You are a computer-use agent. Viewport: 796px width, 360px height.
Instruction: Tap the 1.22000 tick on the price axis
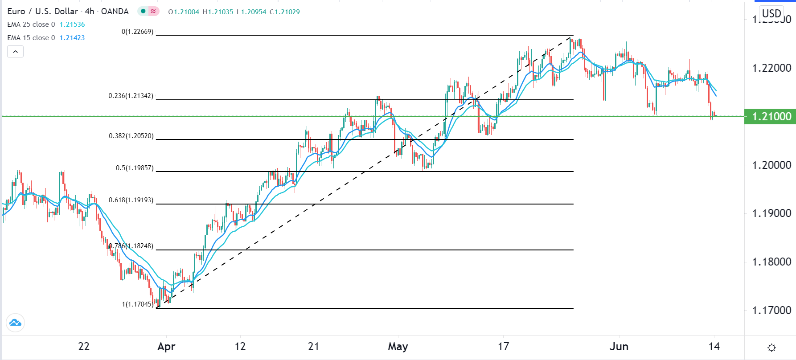[771, 68]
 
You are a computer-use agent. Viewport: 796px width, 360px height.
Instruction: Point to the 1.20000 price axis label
[771, 165]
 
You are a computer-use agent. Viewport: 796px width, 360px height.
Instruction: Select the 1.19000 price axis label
[771, 213]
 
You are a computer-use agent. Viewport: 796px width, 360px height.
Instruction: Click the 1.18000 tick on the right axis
[771, 262]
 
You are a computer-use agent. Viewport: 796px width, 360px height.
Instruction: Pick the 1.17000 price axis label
[771, 311]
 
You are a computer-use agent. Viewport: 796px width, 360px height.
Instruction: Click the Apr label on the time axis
[166, 347]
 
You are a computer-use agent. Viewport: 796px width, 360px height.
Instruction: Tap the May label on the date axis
[398, 347]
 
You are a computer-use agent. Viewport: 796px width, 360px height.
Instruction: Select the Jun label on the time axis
[619, 347]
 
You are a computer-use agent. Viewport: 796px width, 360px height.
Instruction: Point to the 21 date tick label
[313, 347]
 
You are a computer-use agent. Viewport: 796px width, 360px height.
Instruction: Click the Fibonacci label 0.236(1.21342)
[131, 96]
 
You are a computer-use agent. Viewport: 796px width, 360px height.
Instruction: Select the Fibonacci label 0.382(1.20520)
[131, 136]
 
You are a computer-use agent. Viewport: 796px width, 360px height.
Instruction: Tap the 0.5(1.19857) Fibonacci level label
[135, 168]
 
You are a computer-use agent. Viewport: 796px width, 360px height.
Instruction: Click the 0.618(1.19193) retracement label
[131, 200]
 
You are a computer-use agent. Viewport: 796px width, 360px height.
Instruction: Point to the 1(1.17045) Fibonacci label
[138, 304]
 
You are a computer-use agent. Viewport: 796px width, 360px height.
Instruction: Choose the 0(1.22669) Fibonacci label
[137, 32]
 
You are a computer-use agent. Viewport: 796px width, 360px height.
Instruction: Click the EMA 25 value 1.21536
[72, 25]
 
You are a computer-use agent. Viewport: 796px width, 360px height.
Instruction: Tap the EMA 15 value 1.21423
[72, 38]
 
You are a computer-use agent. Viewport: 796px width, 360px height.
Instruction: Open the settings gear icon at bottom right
[772, 348]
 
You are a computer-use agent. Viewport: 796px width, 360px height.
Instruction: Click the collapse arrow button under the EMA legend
[15, 52]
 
